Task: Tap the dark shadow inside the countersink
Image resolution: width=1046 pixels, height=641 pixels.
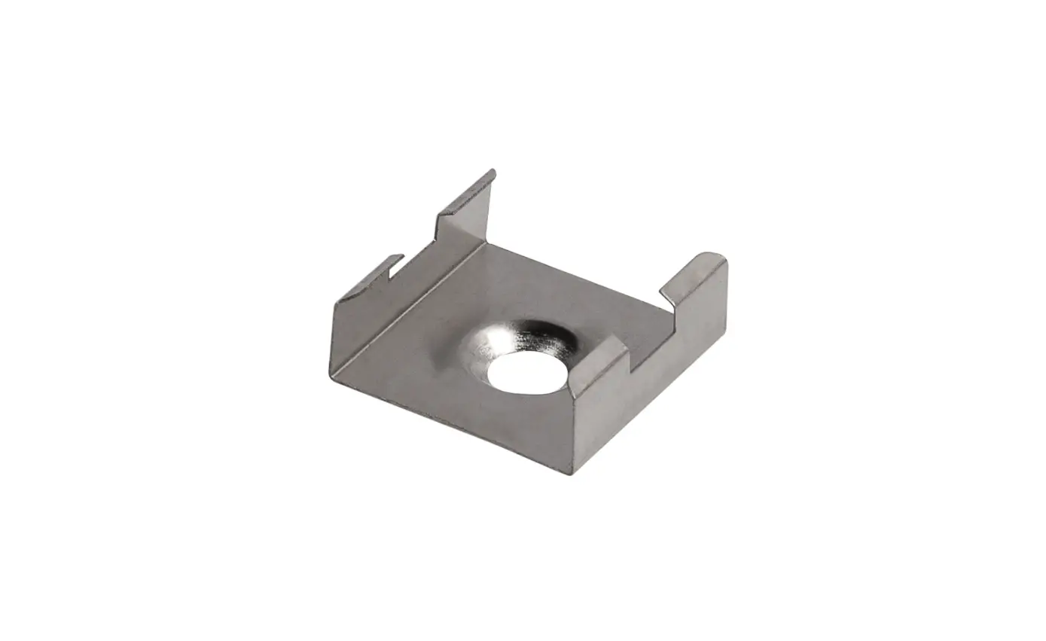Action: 553,335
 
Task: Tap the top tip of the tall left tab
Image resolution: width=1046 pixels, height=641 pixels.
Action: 493,172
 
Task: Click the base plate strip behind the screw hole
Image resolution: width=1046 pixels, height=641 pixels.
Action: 572,301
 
